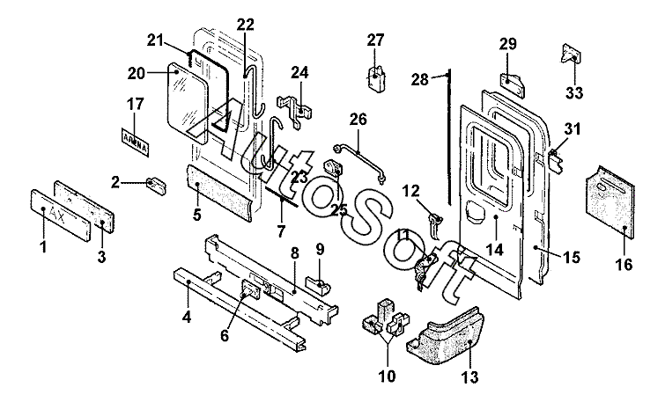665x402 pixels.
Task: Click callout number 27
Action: click(376, 40)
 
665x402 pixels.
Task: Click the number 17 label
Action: click(135, 105)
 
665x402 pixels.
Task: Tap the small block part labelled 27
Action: click(377, 76)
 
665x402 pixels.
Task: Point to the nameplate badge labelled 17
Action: click(134, 139)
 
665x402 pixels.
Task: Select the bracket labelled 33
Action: click(569, 56)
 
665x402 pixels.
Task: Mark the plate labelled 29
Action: click(513, 82)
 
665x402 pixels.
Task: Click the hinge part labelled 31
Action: click(555, 158)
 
